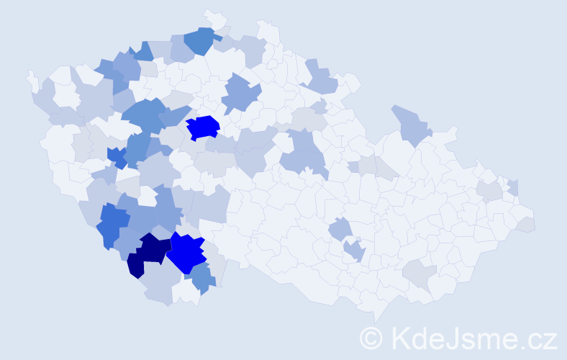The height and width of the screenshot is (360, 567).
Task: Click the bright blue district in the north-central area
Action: point(203,127)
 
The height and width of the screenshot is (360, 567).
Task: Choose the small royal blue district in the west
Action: point(116,156)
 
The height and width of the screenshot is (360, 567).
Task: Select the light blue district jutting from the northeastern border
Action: point(412,124)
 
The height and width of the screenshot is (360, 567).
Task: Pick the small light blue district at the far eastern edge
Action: point(513,187)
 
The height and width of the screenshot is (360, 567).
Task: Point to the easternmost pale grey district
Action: point(526,224)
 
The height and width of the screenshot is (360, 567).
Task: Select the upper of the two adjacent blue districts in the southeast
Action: point(340,229)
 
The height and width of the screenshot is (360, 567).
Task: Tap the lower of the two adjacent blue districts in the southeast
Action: point(354,251)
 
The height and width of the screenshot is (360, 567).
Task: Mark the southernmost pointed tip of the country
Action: point(376,321)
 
